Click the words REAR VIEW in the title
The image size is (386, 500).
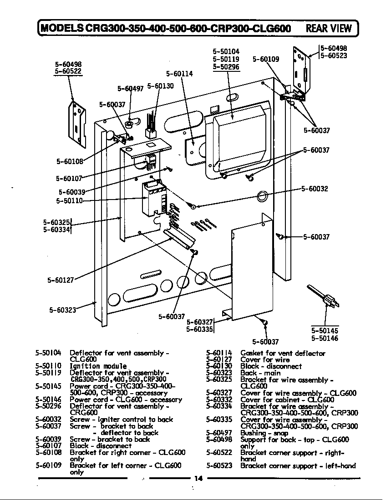329,28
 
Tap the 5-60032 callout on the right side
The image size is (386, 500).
315,189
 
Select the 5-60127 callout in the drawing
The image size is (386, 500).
61,280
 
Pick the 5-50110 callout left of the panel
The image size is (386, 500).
69,200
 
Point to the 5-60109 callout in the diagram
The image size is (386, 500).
266,59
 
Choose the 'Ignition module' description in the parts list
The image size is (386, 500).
98,366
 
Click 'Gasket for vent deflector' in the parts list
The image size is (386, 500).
283,353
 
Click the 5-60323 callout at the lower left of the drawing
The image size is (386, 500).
62,310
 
